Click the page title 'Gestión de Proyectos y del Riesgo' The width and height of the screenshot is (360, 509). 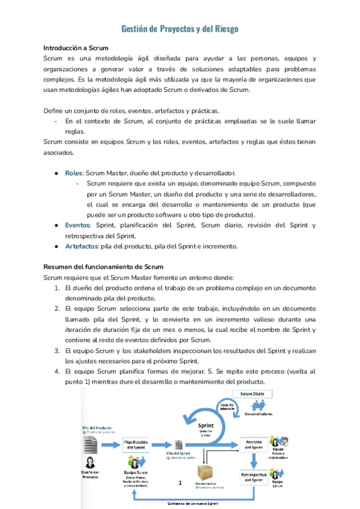pos(180,29)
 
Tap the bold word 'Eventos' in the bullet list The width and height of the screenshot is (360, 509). pos(78,225)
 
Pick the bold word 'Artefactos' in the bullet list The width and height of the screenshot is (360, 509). pos(82,246)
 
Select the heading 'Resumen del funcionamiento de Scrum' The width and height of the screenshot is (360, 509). pos(103,267)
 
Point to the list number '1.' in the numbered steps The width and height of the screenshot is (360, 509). pos(57,288)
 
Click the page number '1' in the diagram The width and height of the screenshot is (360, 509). pos(180,482)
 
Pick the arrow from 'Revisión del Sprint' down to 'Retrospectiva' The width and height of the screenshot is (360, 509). pos(256,459)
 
